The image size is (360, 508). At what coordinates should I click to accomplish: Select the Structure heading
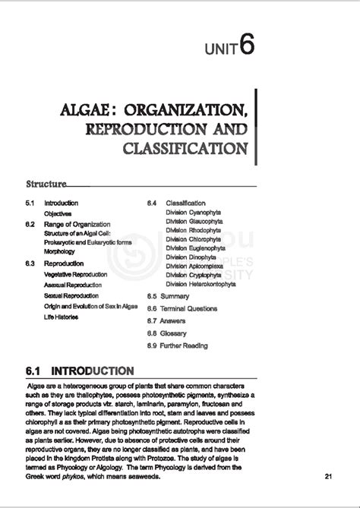pyautogui.click(x=45, y=184)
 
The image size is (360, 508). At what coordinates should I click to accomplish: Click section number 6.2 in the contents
pyautogui.click(x=30, y=225)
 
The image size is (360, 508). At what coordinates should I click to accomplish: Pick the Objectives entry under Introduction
pyautogui.click(x=58, y=214)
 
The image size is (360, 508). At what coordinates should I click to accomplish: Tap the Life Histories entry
pyautogui.click(x=61, y=317)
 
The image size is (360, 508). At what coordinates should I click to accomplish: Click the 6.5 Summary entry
pyautogui.click(x=168, y=295)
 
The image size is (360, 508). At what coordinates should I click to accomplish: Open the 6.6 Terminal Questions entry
pyautogui.click(x=182, y=308)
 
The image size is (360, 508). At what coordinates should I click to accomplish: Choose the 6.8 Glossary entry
pyautogui.click(x=167, y=333)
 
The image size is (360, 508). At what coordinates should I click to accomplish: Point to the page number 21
pyautogui.click(x=328, y=477)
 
